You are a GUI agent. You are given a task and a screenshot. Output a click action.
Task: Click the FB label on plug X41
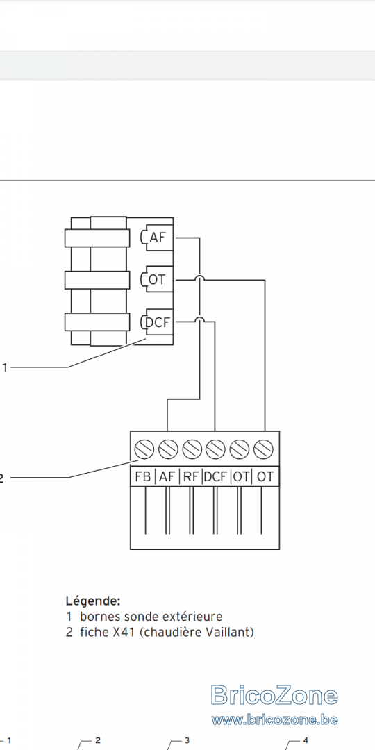(x=143, y=476)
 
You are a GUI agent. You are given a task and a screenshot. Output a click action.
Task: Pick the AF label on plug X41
(x=167, y=476)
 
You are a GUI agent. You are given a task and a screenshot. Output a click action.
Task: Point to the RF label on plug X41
(x=191, y=476)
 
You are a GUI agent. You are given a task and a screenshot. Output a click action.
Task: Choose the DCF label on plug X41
(x=215, y=476)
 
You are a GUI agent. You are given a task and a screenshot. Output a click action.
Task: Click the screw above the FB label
(x=144, y=449)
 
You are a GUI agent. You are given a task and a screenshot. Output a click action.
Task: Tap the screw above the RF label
(x=192, y=449)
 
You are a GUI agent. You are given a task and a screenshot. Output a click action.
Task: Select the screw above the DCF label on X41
(x=216, y=449)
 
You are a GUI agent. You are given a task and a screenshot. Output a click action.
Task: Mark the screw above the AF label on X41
(x=168, y=449)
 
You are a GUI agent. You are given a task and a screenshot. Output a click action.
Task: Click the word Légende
(x=93, y=601)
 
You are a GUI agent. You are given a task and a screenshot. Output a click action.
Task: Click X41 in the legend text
(x=126, y=633)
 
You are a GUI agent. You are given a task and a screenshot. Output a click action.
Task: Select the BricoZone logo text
(x=274, y=695)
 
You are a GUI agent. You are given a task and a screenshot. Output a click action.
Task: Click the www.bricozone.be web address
(x=274, y=719)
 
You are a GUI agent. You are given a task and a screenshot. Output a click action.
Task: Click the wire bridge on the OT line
(x=199, y=279)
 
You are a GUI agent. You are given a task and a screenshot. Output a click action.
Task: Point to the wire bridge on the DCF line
(x=199, y=321)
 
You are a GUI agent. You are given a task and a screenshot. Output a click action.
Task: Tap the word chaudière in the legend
(x=174, y=633)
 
